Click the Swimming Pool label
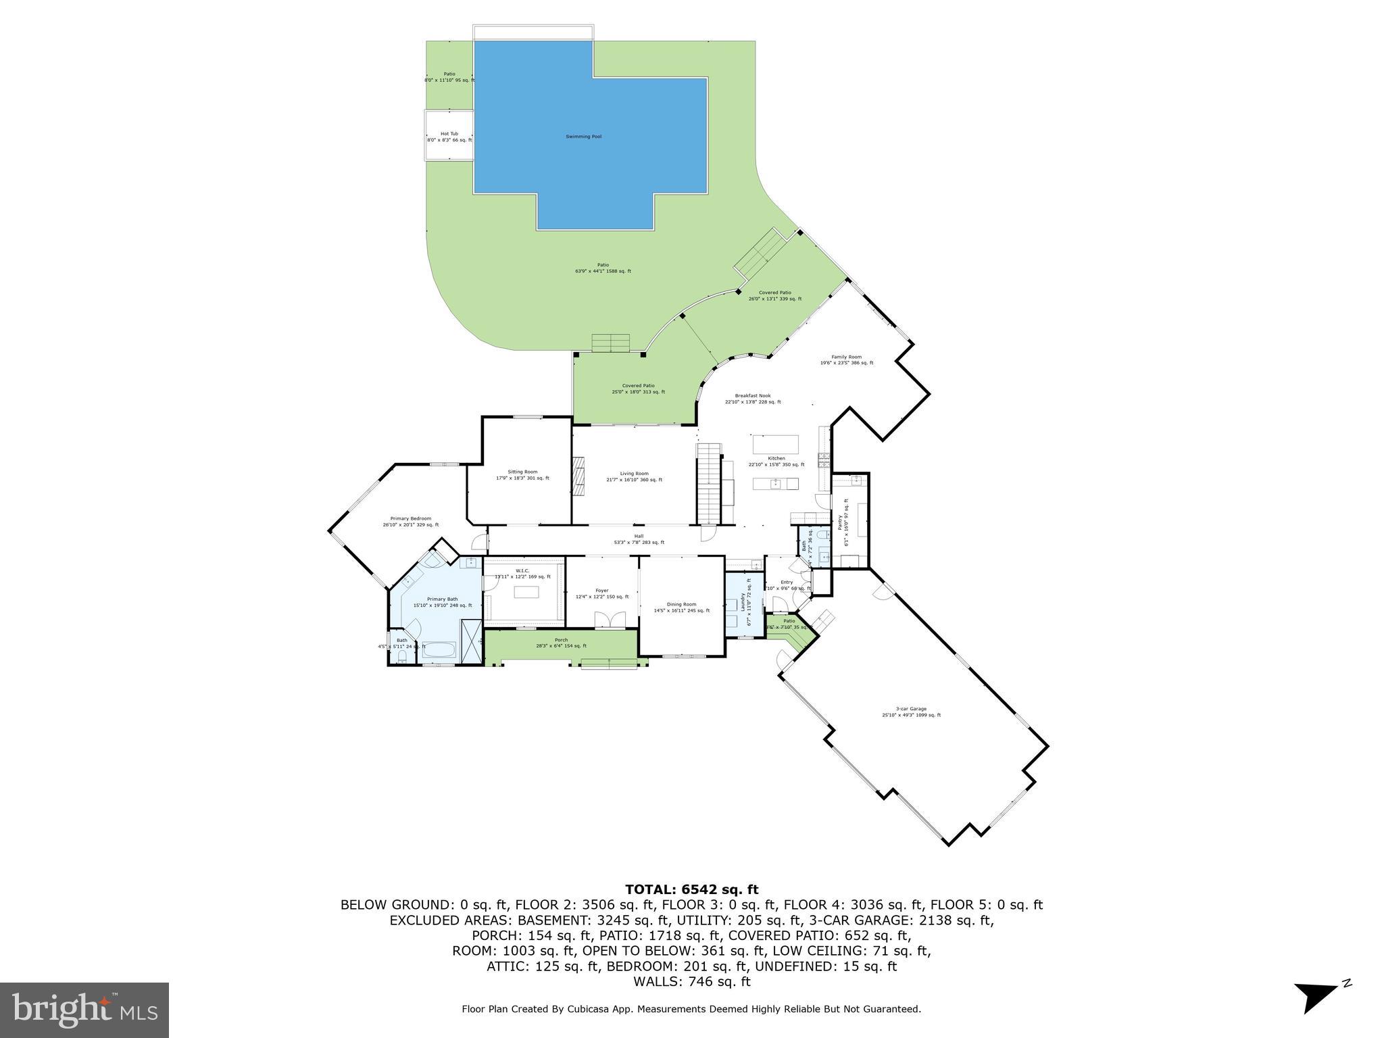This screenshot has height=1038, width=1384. [583, 137]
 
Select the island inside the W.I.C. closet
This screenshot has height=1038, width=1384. [526, 593]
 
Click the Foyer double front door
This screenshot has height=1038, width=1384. [602, 620]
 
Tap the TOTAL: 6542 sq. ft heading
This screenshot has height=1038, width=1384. [691, 889]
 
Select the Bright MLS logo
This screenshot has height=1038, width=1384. [84, 1010]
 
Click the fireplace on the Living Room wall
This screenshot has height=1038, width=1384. [578, 477]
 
